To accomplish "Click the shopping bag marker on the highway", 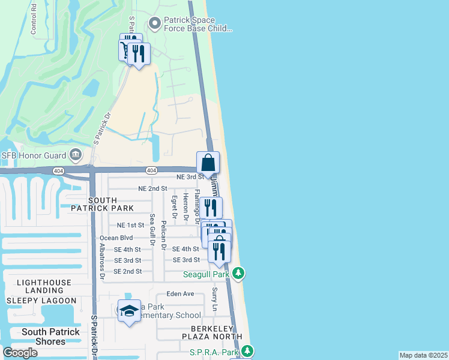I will (208, 163).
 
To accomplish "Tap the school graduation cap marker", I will (128, 311).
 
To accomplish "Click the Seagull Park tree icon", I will (239, 274).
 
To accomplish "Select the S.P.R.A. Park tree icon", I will (247, 352).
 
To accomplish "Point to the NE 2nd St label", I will (152, 188).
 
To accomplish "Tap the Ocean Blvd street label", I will (116, 238).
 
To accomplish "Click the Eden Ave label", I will (181, 294).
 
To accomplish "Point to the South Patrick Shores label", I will (51, 337).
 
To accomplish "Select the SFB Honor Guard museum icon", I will (76, 155).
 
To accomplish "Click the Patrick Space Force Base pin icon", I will (155, 23).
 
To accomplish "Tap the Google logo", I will (20, 353).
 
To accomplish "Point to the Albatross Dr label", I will (103, 258).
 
